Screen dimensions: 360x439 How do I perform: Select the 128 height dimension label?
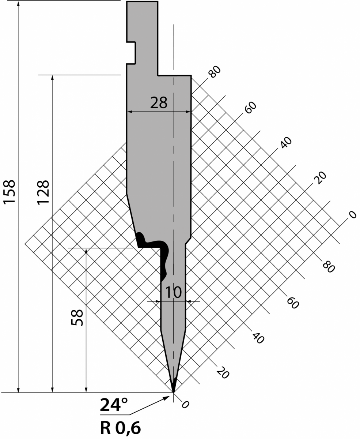coord(43,192)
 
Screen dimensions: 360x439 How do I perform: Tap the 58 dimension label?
coord(77,318)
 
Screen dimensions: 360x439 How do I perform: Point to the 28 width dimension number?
coord(159,103)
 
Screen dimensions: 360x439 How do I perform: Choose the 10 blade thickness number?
coord(174,292)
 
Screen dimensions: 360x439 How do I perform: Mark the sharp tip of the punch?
coord(174,392)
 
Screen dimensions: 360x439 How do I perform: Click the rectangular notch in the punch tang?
coord(131,53)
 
